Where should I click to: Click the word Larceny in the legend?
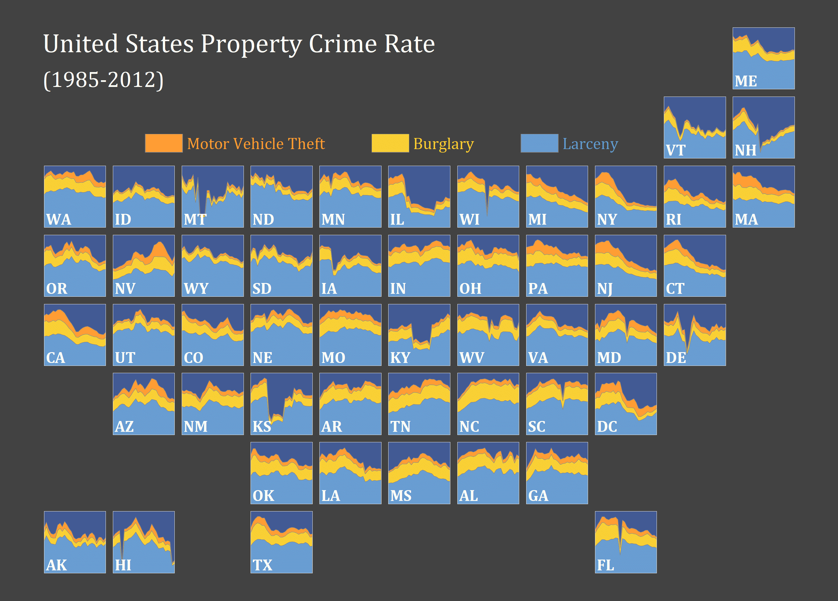point(590,144)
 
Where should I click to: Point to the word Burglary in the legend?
point(443,144)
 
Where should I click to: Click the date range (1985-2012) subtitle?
point(104,80)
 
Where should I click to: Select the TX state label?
point(262,565)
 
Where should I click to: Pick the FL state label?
point(606,565)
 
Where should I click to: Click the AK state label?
point(57,565)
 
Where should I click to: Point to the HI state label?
point(123,565)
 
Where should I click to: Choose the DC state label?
point(607,427)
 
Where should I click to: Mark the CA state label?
point(56,357)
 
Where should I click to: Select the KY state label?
point(400,357)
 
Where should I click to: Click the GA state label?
point(538,496)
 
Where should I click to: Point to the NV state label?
point(125,288)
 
